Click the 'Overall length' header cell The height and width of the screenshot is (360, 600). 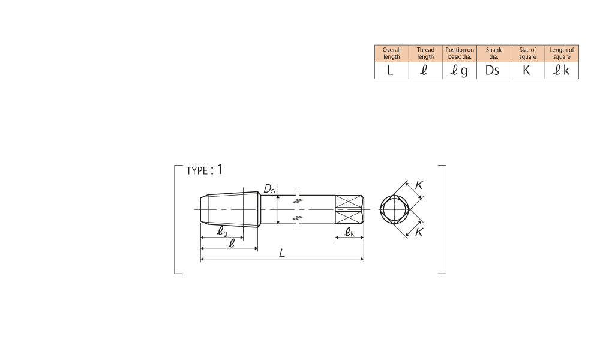391,53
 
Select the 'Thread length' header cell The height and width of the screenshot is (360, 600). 425,53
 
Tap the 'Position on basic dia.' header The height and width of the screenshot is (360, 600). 460,53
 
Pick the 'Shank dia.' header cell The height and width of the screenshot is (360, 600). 494,53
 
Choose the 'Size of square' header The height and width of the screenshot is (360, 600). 527,53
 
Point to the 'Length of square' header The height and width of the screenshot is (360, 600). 562,53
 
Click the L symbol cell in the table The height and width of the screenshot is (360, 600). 391,70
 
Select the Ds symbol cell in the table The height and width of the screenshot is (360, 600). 494,70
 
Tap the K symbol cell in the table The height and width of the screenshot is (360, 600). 527,70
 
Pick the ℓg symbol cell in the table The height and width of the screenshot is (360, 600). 460,70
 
